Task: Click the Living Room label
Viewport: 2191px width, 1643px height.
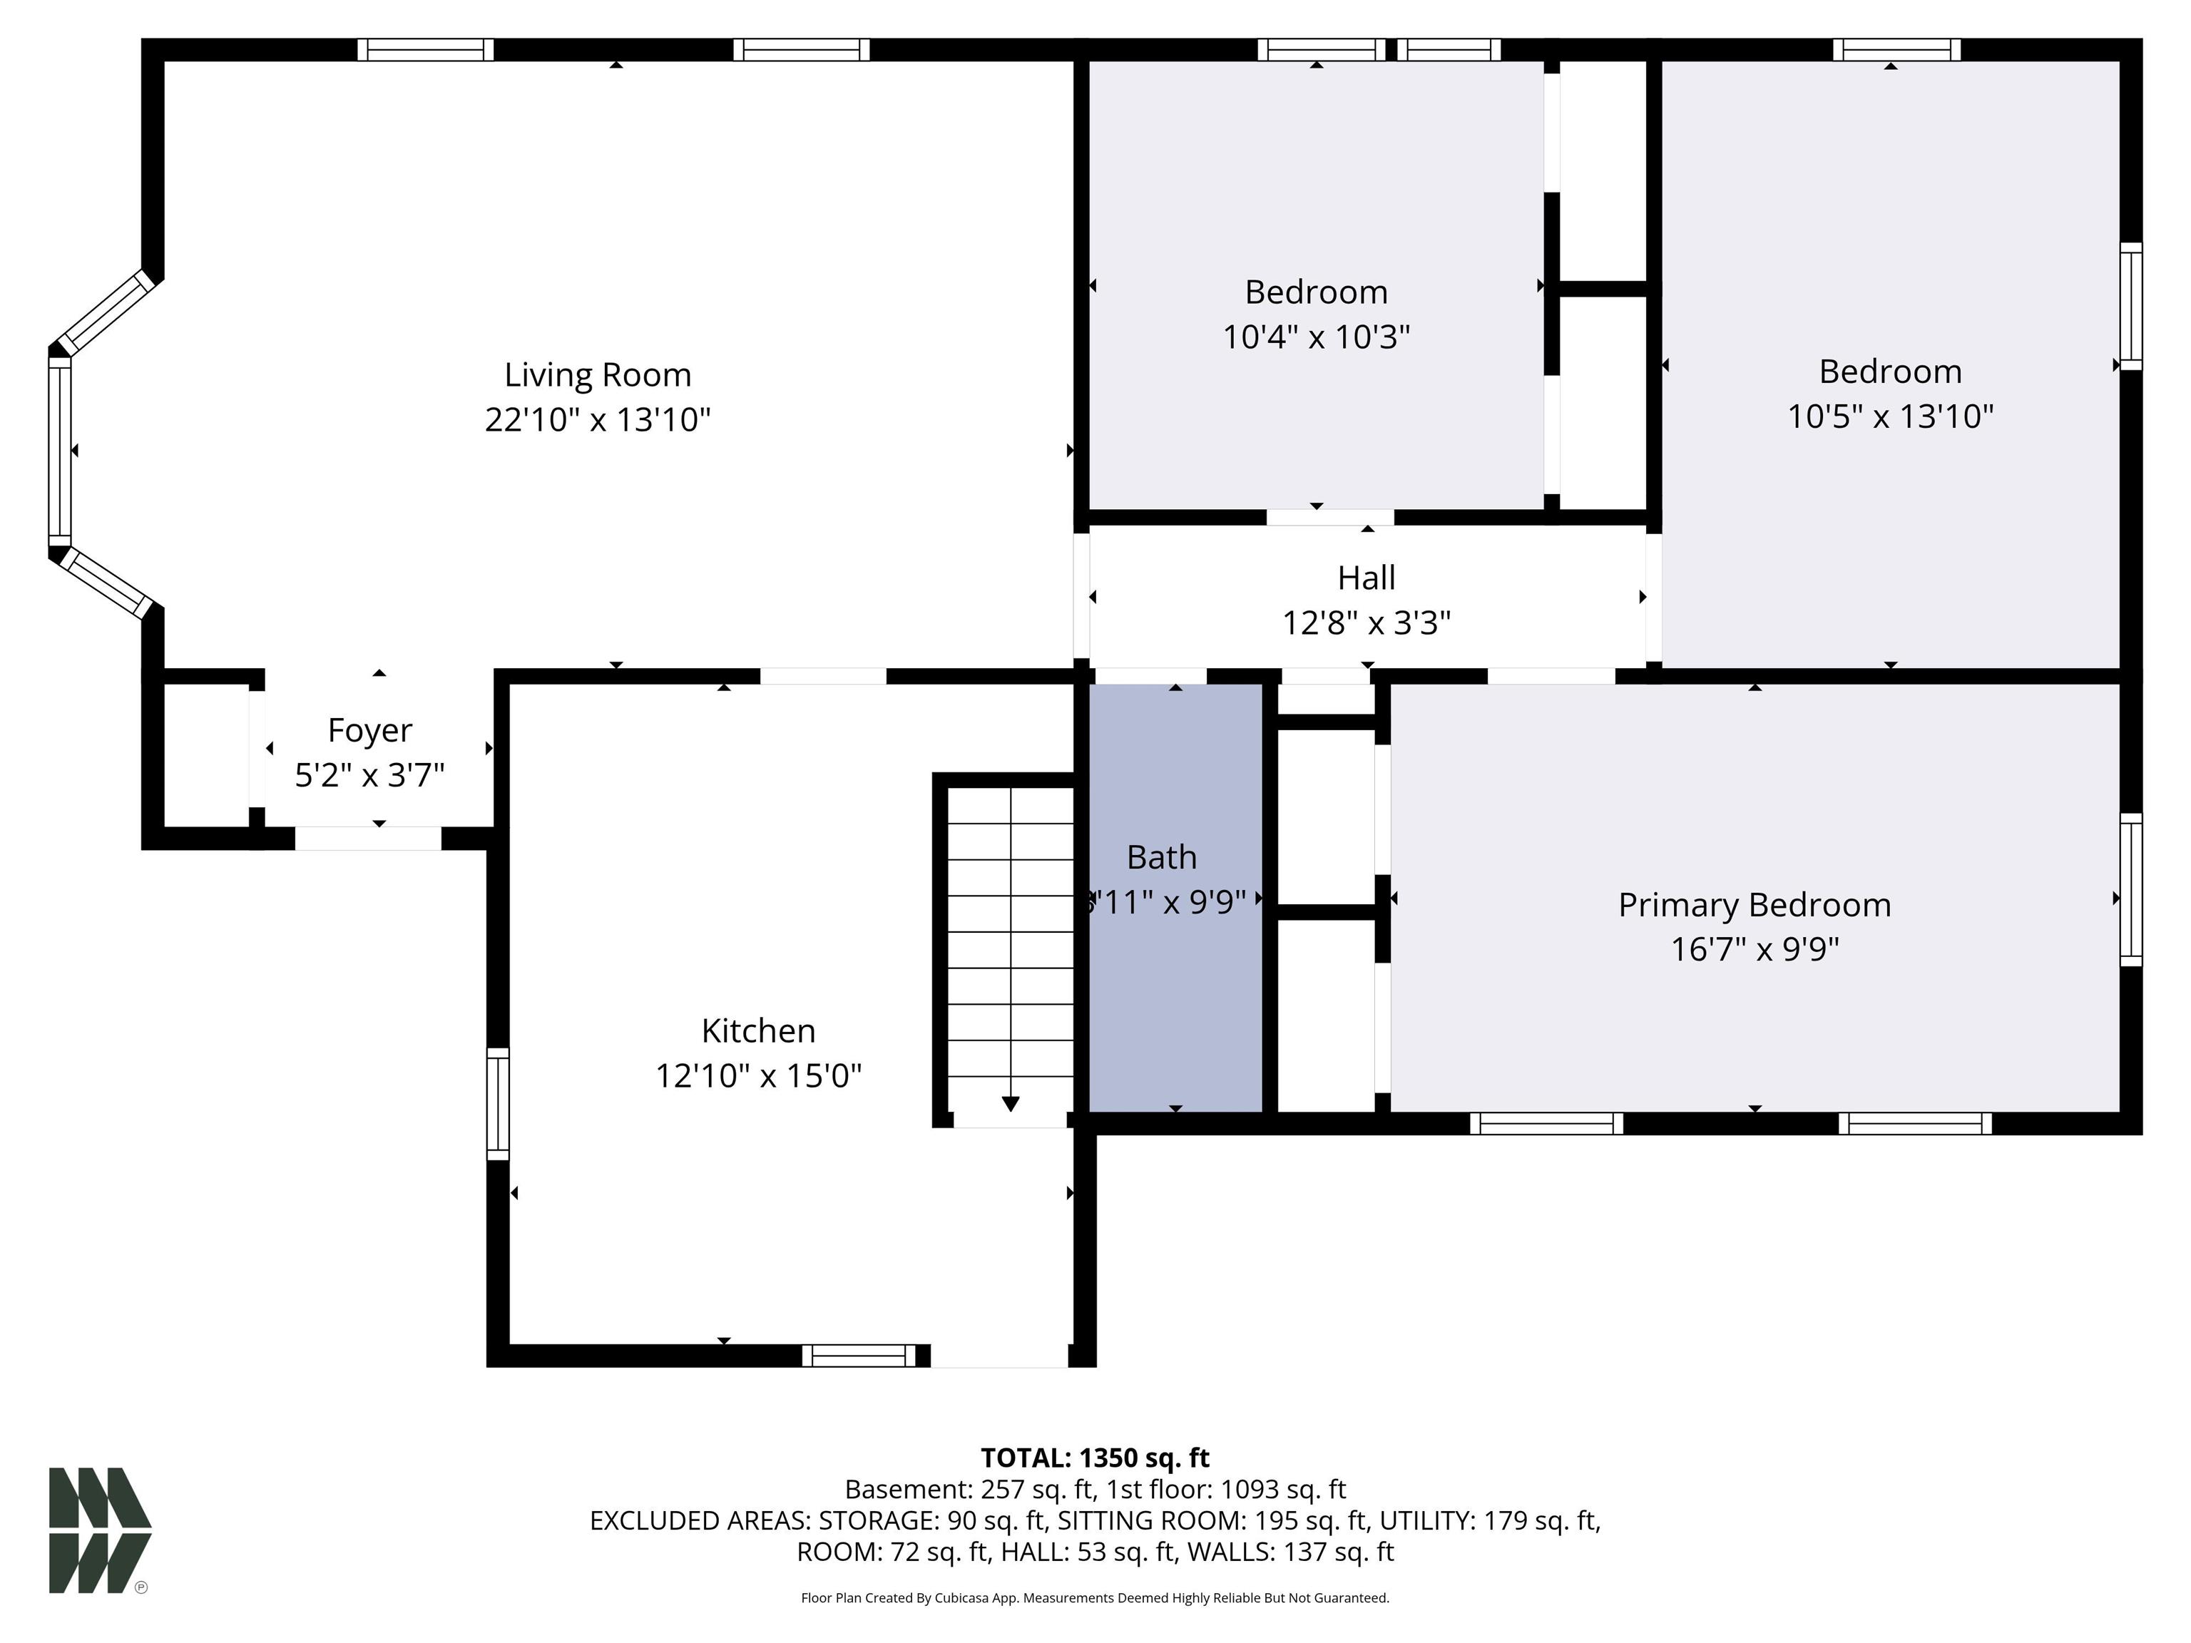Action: pyautogui.click(x=597, y=374)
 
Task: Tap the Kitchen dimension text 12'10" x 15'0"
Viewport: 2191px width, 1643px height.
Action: pyautogui.click(x=759, y=1075)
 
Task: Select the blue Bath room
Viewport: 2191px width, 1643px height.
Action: pyautogui.click(x=1175, y=897)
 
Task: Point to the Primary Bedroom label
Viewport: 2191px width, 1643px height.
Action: pyautogui.click(x=1755, y=904)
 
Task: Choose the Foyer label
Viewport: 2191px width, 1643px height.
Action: pyautogui.click(x=369, y=730)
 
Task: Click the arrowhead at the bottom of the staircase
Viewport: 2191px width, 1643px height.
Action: pyautogui.click(x=1011, y=1103)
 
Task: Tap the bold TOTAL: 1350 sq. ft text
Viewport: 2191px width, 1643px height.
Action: pyautogui.click(x=1095, y=1458)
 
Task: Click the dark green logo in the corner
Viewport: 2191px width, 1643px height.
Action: pyautogui.click(x=100, y=1530)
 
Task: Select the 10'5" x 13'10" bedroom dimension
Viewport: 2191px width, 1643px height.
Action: pyautogui.click(x=1890, y=415)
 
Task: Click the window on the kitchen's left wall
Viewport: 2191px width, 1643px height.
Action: pyautogui.click(x=497, y=1103)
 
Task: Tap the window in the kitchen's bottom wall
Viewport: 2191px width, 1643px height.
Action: pyautogui.click(x=859, y=1355)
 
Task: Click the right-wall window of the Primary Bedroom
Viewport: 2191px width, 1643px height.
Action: pyautogui.click(x=2130, y=889)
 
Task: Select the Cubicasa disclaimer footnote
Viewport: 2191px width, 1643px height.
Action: pyautogui.click(x=1095, y=1597)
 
